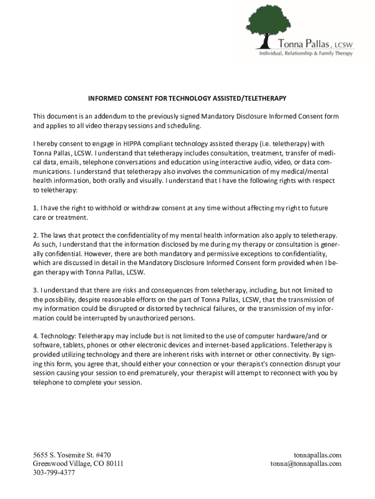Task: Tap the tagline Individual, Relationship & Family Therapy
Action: click(x=306, y=54)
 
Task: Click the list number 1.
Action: click(x=35, y=208)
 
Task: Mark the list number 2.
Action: click(x=35, y=235)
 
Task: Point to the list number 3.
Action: click(x=35, y=290)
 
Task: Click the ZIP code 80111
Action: click(x=112, y=463)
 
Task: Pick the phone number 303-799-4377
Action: click(x=54, y=473)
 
